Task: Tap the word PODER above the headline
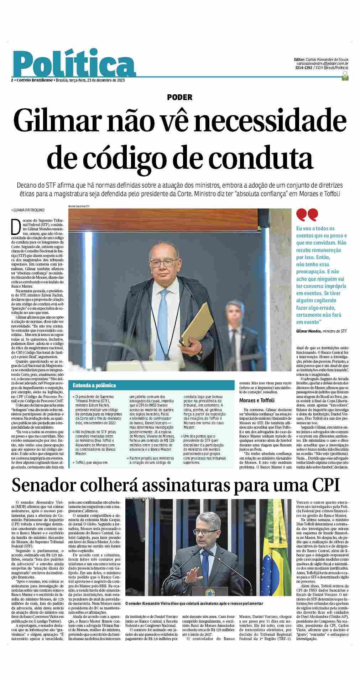tap(179, 97)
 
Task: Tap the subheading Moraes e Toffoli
tap(256, 400)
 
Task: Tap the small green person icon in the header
tap(345, 75)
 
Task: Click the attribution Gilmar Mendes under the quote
tap(308, 331)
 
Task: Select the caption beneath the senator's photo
tap(194, 593)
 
